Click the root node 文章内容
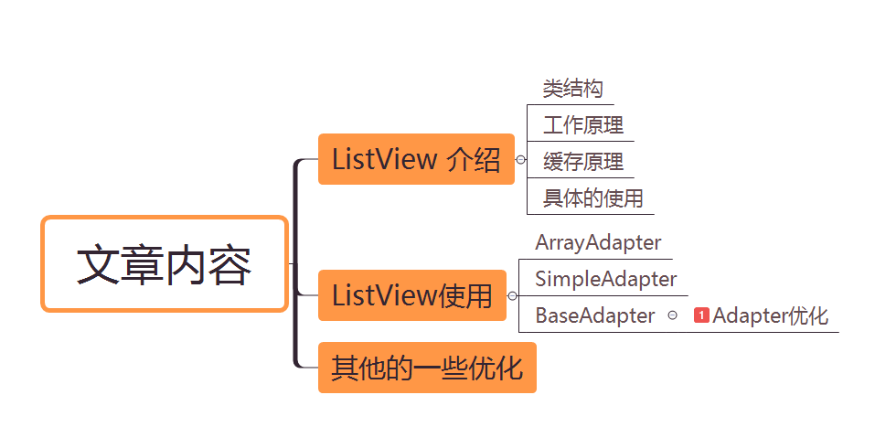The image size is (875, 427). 165,264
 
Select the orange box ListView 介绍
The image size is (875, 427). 416,159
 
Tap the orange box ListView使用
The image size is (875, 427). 411,295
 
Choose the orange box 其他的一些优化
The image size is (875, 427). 426,368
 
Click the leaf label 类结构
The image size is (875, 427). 572,89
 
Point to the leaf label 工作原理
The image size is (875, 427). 583,124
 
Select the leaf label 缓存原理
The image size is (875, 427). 583,161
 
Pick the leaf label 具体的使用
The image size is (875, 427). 592,197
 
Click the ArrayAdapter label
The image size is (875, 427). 598,243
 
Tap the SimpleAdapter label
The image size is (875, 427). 605,279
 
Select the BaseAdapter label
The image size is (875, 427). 594,315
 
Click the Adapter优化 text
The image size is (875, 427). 770,315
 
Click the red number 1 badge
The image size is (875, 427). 701,315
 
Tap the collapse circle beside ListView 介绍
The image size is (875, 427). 520,159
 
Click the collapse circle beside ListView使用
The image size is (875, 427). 512,295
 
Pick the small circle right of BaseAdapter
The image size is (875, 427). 672,315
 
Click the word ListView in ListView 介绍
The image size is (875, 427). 384,159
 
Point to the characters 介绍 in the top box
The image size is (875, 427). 473,159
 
